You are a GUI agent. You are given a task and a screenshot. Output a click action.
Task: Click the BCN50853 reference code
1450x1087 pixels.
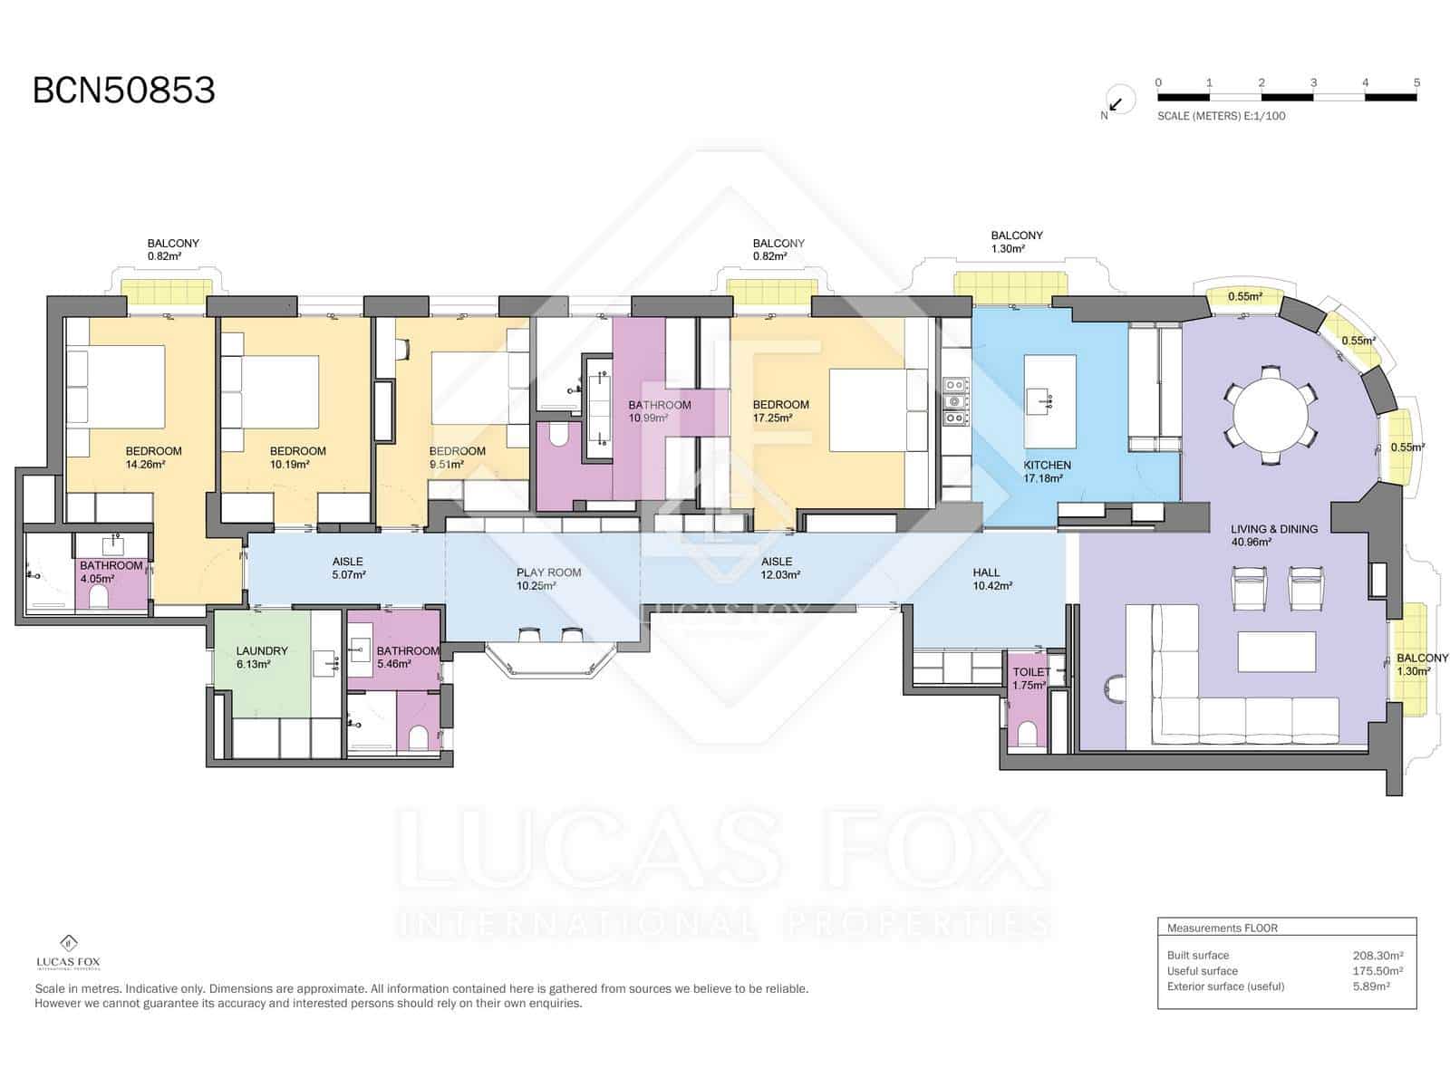click(x=123, y=91)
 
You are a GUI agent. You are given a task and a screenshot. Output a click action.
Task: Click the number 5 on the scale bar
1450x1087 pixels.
click(x=1416, y=82)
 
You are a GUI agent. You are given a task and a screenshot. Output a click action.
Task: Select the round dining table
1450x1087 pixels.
click(x=1270, y=416)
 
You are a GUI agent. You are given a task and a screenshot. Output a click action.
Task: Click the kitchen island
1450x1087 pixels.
click(x=1049, y=402)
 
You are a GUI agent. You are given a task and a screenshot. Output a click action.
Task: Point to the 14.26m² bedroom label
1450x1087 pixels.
click(x=153, y=457)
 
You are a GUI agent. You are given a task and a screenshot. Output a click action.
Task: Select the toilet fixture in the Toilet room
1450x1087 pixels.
click(x=1026, y=733)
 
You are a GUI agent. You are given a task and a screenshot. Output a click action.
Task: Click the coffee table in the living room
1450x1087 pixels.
click(x=1276, y=652)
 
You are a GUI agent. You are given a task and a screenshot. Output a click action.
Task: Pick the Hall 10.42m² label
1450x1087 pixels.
click(x=992, y=579)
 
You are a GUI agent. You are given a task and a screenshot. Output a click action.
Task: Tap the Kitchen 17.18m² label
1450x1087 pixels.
click(x=1047, y=471)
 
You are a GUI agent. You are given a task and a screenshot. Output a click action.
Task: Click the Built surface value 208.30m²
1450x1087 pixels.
click(x=1378, y=955)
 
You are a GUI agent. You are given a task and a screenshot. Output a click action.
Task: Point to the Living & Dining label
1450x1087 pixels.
click(x=1273, y=535)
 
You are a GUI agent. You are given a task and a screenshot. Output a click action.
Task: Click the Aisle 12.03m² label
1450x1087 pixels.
click(x=779, y=568)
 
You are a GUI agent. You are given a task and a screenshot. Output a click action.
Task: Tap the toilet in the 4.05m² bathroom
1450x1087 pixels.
click(x=99, y=598)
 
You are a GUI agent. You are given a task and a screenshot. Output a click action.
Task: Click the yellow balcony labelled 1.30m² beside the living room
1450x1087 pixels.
click(x=1411, y=659)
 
